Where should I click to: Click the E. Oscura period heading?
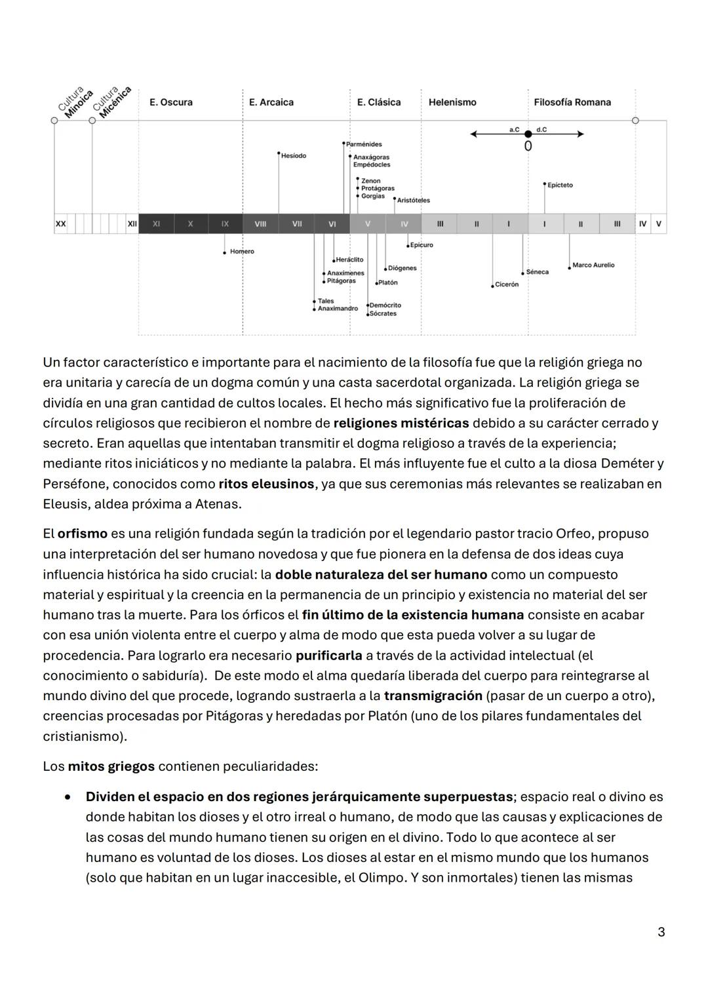[170, 102]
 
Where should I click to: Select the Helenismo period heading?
[452, 102]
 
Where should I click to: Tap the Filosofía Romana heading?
[572, 102]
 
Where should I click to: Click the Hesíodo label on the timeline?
[293, 156]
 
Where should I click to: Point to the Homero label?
[242, 252]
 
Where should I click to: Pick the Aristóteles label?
[414, 200]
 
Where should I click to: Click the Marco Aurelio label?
[593, 265]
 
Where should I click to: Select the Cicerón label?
[507, 285]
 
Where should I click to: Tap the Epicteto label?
[560, 186]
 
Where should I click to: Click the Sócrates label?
[383, 314]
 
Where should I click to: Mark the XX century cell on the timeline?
[61, 224]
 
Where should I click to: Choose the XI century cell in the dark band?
[156, 224]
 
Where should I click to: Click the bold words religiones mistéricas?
[401, 423]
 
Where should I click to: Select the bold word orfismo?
[82, 534]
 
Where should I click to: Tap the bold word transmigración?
[433, 696]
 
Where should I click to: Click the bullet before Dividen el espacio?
[68, 797]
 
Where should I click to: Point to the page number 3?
[661, 932]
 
